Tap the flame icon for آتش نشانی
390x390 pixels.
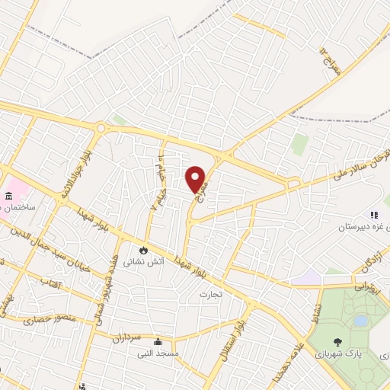click(142, 249)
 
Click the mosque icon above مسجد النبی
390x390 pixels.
click(157, 341)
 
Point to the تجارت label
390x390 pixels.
click(209, 293)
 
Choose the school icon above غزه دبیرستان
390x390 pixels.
click(373, 215)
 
